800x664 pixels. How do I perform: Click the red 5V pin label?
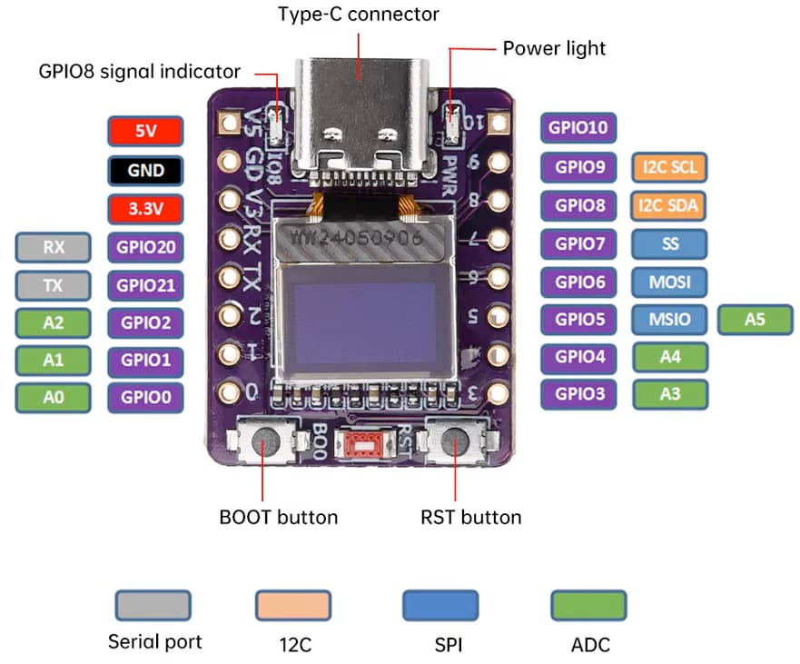tap(145, 132)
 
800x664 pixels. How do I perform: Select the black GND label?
tap(145, 170)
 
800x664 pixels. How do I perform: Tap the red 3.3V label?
tap(145, 208)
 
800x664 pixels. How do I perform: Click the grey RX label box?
tap(54, 246)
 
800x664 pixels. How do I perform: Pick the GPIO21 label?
tap(145, 284)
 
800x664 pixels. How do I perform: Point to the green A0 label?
tap(54, 397)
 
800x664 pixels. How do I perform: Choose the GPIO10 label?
tap(579, 128)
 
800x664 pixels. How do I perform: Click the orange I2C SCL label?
tap(670, 167)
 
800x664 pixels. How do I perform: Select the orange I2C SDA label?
tap(670, 205)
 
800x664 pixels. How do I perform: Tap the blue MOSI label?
tap(670, 282)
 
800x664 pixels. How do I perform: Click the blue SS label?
tap(670, 243)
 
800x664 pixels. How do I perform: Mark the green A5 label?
tap(755, 320)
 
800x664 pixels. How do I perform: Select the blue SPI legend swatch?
tap(440, 605)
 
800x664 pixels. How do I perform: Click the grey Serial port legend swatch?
tap(153, 605)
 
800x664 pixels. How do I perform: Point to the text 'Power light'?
tap(554, 47)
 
